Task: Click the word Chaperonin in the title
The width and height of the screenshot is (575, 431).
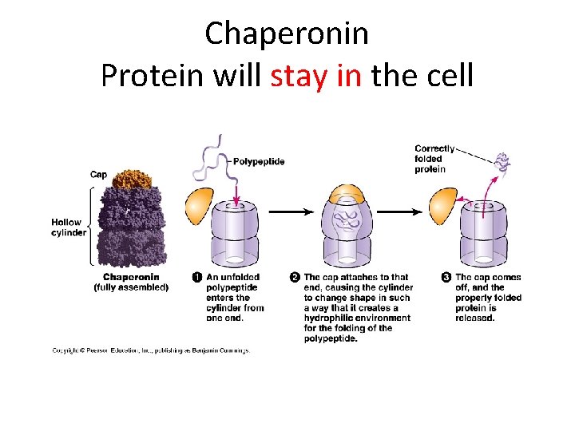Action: coord(287,34)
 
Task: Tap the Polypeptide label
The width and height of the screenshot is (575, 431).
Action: coord(259,161)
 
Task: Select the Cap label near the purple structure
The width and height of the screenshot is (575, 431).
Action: coord(98,175)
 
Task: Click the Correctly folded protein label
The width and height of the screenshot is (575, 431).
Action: coord(434,159)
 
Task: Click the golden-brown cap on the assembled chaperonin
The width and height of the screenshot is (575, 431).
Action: coord(133,179)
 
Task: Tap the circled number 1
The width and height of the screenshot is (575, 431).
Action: coord(197,277)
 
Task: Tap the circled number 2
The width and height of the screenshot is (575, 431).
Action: coord(295,277)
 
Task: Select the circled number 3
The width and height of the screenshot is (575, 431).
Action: coord(446,277)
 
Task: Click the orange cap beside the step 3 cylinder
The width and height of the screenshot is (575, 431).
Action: coord(443,206)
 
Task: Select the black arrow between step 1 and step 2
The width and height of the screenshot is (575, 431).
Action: coord(290,212)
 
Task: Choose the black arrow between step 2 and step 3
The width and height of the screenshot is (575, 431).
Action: coord(399,212)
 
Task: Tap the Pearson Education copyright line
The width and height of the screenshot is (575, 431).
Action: coord(151,350)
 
